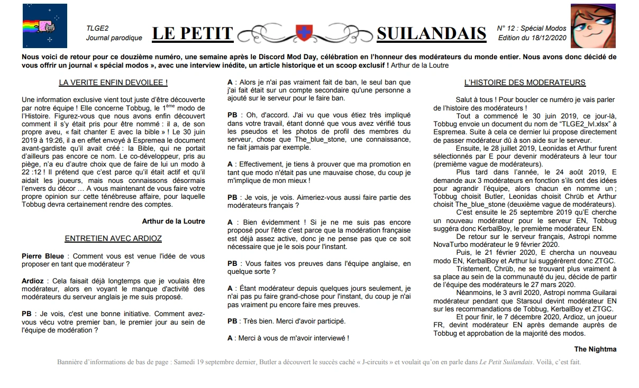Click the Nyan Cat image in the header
coord(44,26)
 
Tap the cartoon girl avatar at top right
coord(593,26)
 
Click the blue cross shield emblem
coord(304,32)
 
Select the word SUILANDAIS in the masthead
coord(431,34)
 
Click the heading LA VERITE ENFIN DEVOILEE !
coord(113,82)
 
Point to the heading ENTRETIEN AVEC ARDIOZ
coord(113,239)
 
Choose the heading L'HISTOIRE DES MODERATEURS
coord(524,82)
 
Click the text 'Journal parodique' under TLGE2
coord(114,38)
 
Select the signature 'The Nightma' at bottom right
coord(595,349)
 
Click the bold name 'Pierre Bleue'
coord(43,256)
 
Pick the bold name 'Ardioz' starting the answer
coord(33,281)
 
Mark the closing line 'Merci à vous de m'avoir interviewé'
coord(292,338)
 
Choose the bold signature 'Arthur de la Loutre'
coord(173,221)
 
